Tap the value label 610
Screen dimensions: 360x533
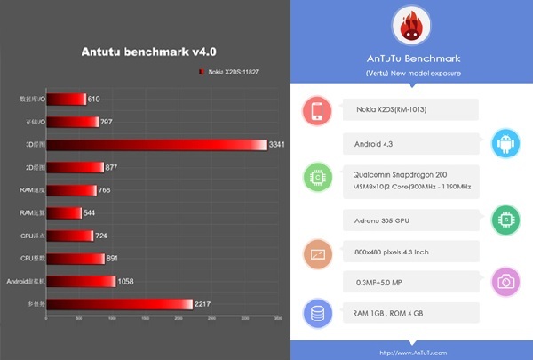(x=94, y=99)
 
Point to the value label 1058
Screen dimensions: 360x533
(x=128, y=282)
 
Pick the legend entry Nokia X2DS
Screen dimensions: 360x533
(x=235, y=72)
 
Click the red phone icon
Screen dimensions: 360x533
(x=317, y=110)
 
